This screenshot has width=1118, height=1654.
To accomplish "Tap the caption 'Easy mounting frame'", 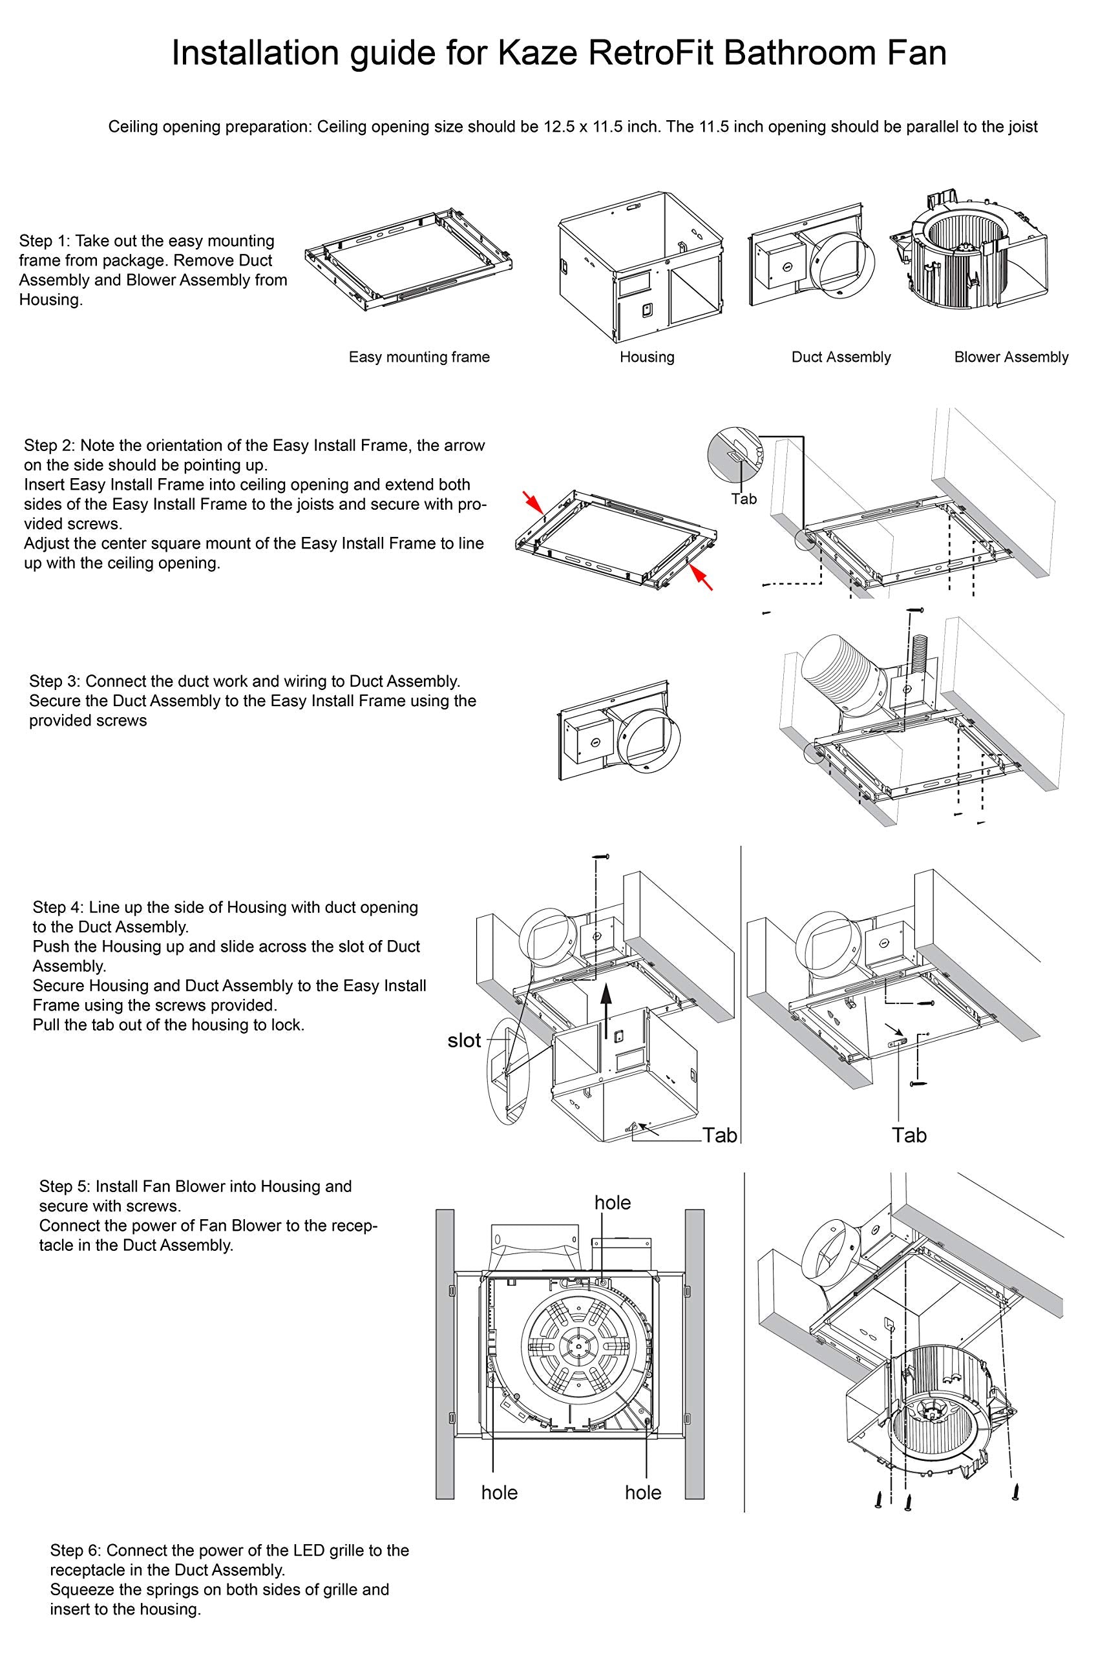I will click(x=419, y=357).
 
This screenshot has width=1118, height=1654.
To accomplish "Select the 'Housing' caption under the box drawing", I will click(x=646, y=357).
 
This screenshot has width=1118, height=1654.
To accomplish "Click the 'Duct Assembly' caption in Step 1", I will click(x=841, y=357).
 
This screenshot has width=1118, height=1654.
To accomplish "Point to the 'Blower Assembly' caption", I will click(x=1011, y=357).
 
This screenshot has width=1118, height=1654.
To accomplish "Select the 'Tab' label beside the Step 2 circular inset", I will click(x=744, y=499).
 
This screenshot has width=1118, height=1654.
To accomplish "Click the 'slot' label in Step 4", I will click(x=464, y=1040).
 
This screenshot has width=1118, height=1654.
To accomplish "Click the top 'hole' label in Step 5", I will click(x=612, y=1203).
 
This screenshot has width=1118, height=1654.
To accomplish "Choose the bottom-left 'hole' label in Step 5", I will click(x=499, y=1492).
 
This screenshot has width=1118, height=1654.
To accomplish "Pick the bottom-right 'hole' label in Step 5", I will click(x=642, y=1492).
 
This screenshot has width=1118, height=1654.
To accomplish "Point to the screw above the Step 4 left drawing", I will click(x=602, y=857).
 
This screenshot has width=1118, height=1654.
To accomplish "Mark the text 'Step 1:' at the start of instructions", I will click(x=45, y=240).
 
